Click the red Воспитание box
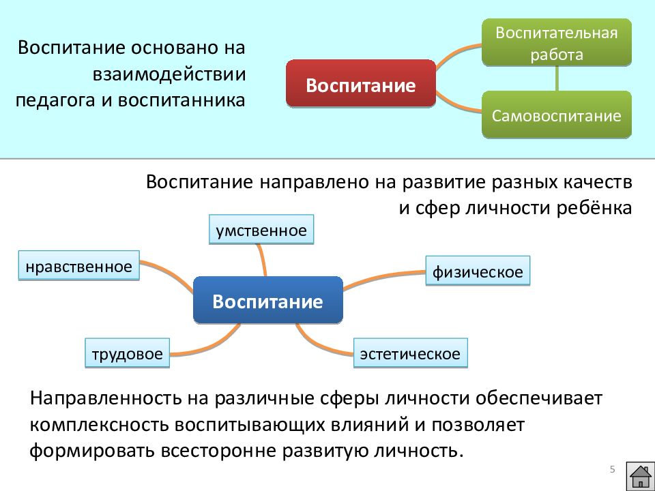tap(361, 83)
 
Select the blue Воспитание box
tap(267, 300)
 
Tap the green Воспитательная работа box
tap(557, 42)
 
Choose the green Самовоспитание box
tap(557, 115)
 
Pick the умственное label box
tap(261, 229)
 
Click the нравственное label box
tap(78, 265)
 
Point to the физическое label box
tap(478, 271)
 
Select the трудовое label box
tap(127, 353)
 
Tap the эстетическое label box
tap(410, 353)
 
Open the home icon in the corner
tap(641, 476)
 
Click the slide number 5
tap(613, 469)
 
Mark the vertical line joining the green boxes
tap(557, 78)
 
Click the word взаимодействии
tap(169, 74)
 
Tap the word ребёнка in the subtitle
tap(594, 207)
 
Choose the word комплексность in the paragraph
tap(100, 425)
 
